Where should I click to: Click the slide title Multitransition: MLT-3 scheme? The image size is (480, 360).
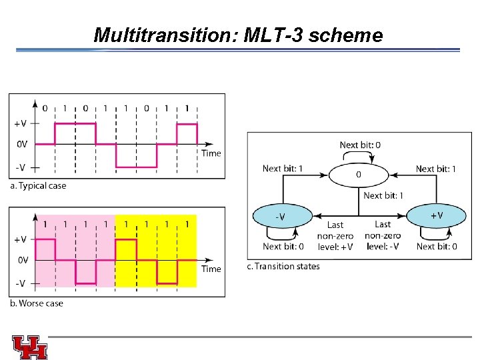(x=238, y=35)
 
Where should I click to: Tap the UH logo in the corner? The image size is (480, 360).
(x=29, y=347)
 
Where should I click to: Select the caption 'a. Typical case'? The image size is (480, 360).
(x=38, y=186)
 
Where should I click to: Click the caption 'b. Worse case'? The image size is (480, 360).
(x=37, y=303)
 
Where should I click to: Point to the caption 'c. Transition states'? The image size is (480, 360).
(x=283, y=267)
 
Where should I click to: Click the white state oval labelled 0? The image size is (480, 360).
(x=359, y=175)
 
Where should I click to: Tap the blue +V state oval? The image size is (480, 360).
(x=436, y=215)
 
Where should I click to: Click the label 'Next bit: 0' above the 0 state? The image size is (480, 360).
(x=361, y=145)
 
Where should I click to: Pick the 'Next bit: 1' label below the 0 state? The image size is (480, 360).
(x=383, y=195)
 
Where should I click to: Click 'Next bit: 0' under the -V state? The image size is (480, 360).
(x=283, y=247)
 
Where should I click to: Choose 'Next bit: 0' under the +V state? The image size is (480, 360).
(x=437, y=247)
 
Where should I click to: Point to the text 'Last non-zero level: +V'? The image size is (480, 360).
(x=335, y=236)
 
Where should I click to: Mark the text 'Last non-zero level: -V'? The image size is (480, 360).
(x=383, y=236)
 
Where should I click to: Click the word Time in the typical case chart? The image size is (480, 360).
(x=211, y=153)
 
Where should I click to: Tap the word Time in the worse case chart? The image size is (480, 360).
(x=211, y=269)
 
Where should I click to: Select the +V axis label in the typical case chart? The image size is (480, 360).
(x=20, y=123)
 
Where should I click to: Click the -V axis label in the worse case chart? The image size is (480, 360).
(x=20, y=283)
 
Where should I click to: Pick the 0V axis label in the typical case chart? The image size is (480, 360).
(x=22, y=144)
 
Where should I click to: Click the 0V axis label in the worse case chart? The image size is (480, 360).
(x=22, y=260)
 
